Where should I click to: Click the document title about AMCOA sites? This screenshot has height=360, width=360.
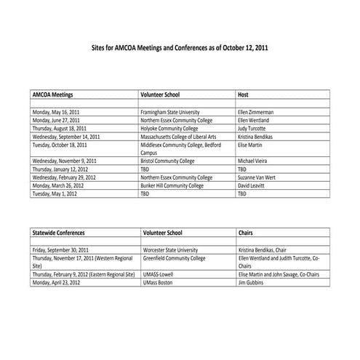tap(180, 46)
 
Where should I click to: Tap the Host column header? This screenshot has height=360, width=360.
tap(244, 95)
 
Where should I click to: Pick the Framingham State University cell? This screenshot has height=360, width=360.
tap(174, 113)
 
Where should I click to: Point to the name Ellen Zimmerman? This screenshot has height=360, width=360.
tap(255, 113)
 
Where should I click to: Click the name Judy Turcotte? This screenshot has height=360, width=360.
tap(252, 129)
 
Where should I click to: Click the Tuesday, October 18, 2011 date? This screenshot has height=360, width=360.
tap(60, 145)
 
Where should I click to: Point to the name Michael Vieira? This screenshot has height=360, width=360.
tap(253, 161)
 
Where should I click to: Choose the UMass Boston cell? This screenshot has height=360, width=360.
tap(157, 281)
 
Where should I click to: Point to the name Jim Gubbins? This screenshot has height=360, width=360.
tap(252, 281)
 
